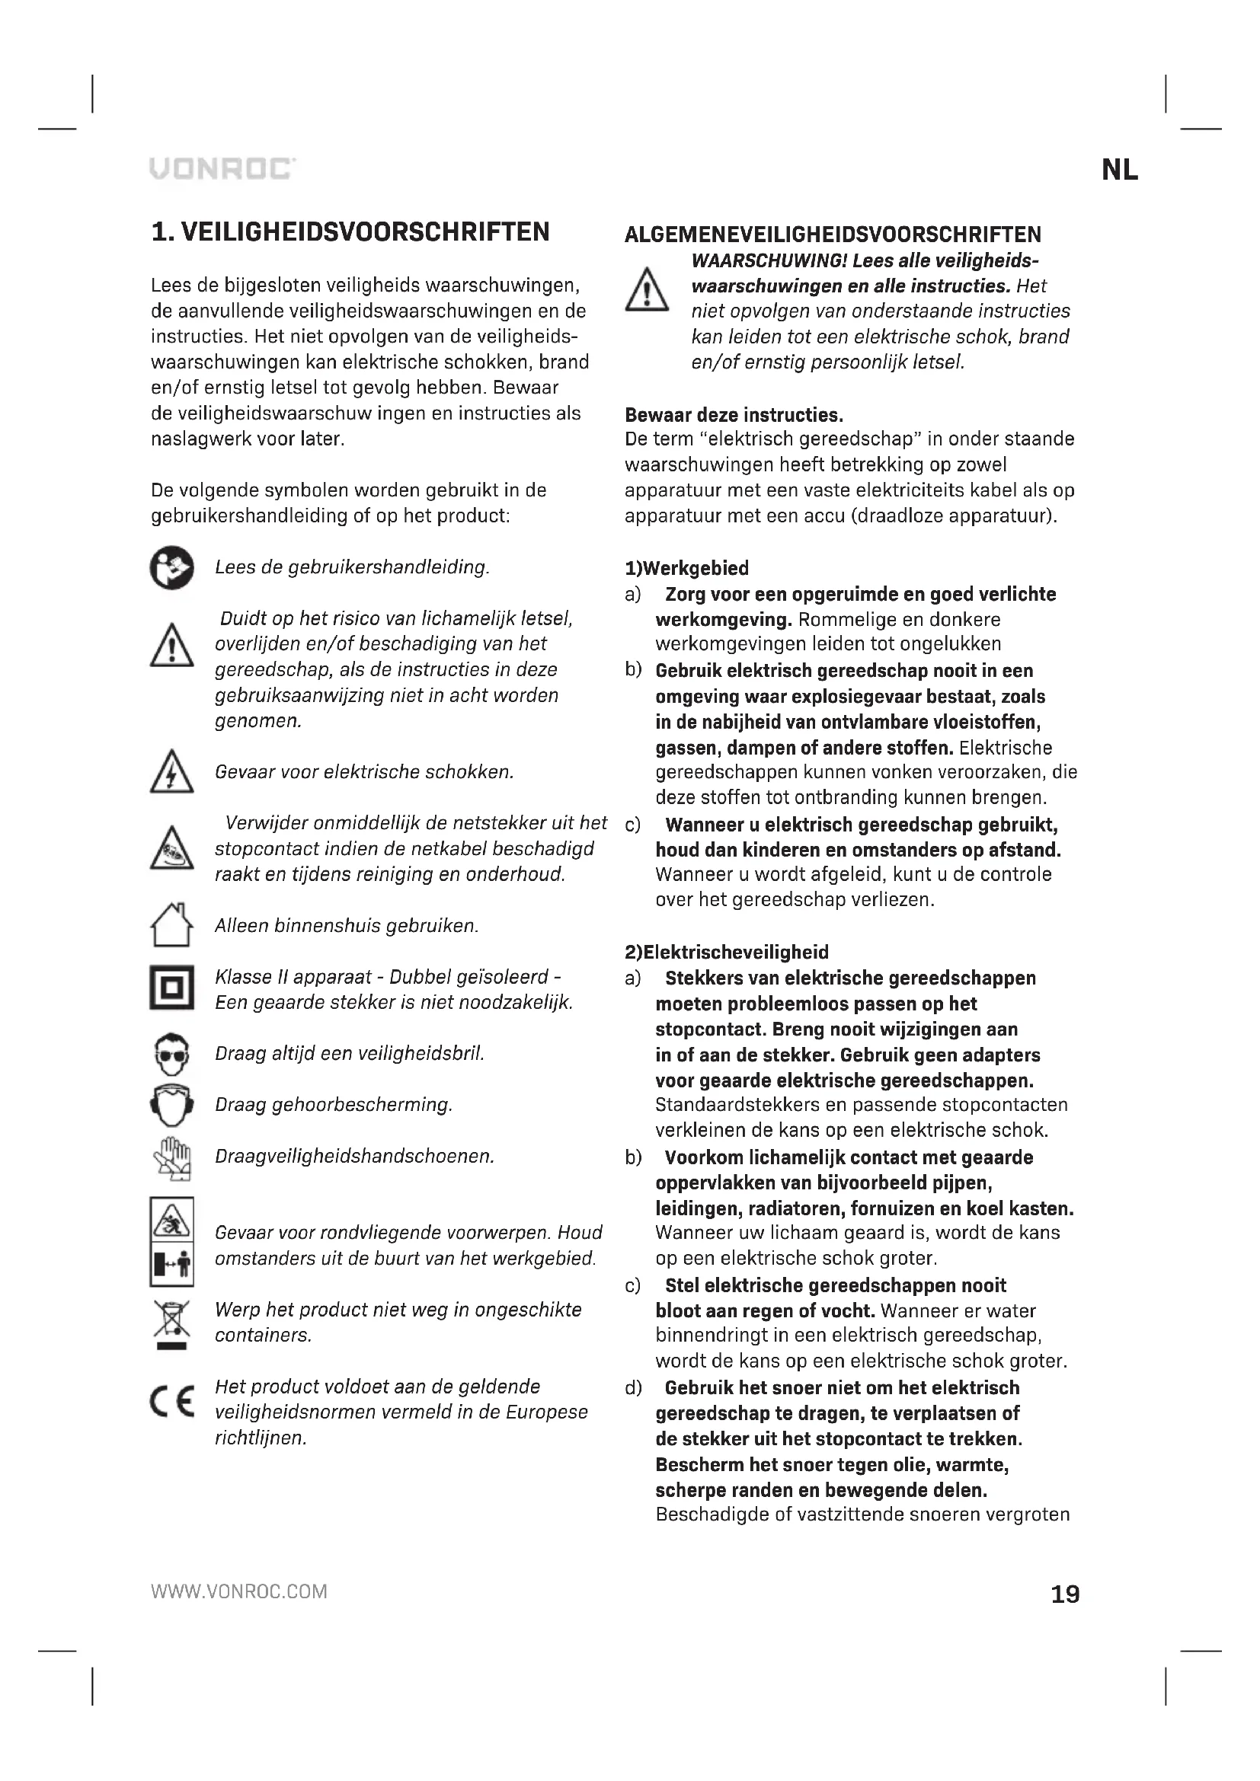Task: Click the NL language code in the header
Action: point(1120,170)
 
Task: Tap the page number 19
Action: point(1064,1594)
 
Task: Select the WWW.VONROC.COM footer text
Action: point(239,1591)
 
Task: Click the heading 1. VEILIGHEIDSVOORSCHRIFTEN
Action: point(350,232)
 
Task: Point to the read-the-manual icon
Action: point(171,568)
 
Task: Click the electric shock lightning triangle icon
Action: point(171,772)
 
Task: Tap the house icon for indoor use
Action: point(171,924)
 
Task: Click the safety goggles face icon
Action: point(171,1053)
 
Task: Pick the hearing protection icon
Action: point(171,1104)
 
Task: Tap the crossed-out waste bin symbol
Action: point(171,1323)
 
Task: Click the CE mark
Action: point(171,1403)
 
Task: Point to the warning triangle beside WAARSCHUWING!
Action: point(647,290)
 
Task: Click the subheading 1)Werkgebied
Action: point(686,569)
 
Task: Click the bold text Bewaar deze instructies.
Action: point(733,414)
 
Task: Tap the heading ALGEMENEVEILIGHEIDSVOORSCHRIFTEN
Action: point(833,235)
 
